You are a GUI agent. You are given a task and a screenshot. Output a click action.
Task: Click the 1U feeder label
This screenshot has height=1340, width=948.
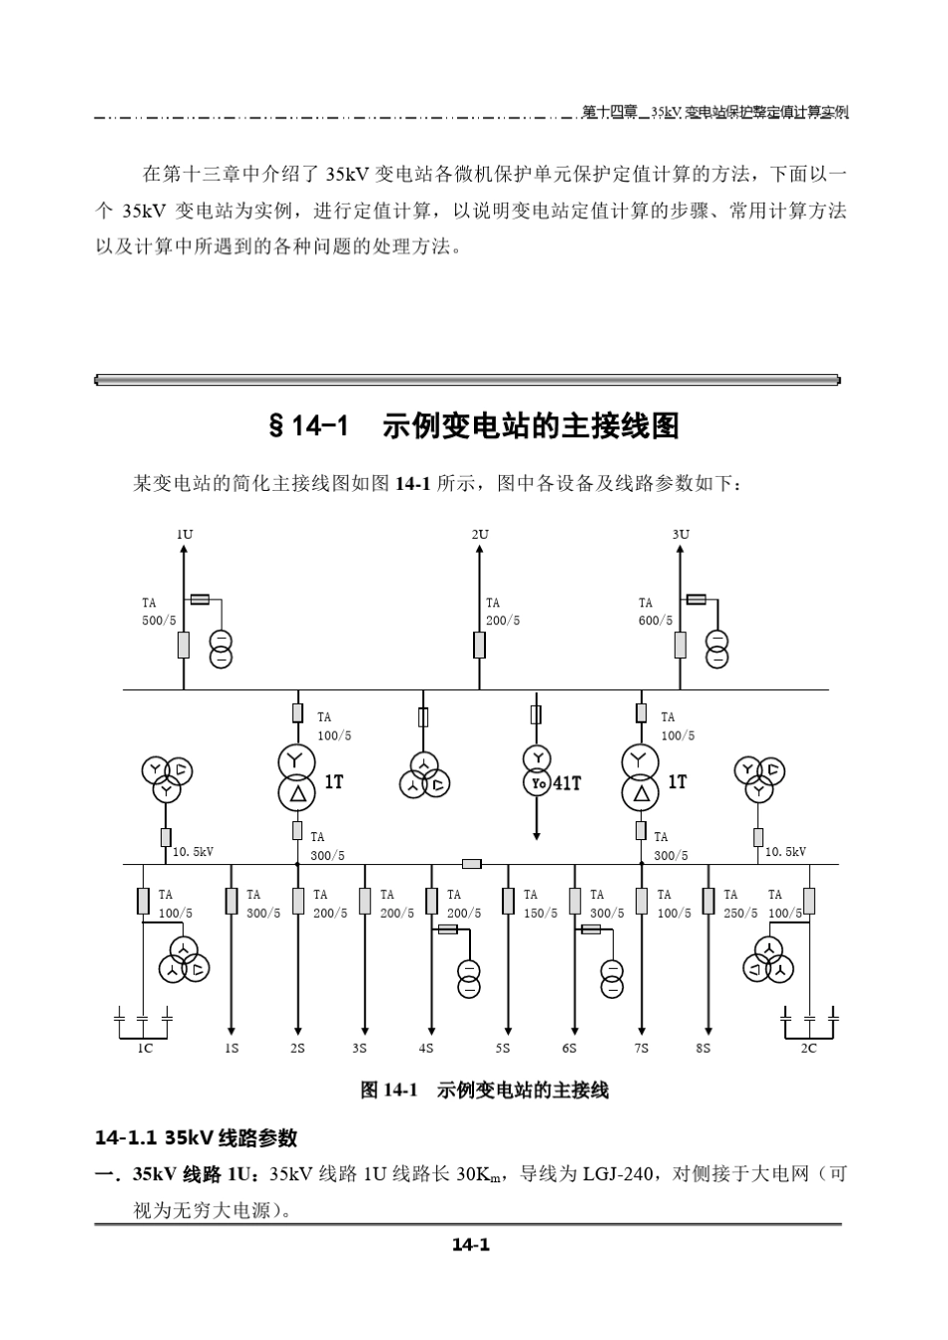point(185,534)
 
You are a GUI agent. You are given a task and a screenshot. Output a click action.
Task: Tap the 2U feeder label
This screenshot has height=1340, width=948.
point(480,534)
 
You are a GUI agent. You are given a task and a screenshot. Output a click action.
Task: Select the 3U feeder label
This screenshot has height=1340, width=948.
point(681,534)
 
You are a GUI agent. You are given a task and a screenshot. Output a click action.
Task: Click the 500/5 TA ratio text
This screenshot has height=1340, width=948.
point(159,621)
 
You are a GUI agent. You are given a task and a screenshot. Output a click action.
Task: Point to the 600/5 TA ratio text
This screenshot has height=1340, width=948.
point(656,621)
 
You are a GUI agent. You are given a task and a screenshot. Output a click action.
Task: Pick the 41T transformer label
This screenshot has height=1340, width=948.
point(567,783)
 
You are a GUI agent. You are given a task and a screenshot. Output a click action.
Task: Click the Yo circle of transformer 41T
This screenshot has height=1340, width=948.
point(538,783)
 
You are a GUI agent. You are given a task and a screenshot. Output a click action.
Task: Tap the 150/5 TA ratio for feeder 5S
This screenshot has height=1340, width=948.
point(541,913)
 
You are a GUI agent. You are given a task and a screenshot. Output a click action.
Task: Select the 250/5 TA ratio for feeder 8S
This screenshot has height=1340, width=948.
point(740,913)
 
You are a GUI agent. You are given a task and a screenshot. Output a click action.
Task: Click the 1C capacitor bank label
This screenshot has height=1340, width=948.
point(146,1048)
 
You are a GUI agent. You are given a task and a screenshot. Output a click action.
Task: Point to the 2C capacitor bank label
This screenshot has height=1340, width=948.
point(808,1048)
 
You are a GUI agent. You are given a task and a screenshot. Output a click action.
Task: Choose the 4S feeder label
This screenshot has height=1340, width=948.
point(426,1048)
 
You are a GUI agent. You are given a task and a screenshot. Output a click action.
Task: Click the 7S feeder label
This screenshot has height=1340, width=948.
point(642,1048)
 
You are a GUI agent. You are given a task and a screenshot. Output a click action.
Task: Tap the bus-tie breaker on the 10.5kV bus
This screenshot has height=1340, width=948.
point(472,864)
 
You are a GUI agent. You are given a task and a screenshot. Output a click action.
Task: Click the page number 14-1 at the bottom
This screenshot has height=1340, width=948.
point(471,1245)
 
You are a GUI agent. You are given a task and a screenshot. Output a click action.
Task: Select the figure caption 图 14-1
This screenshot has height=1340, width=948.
point(389,1090)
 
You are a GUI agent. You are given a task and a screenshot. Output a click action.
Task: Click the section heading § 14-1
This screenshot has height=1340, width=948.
point(308,426)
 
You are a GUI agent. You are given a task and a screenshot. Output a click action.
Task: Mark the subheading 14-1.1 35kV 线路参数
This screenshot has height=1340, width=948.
point(197,1137)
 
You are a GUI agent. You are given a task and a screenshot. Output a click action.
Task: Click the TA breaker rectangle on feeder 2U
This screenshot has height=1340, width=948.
point(480,645)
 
